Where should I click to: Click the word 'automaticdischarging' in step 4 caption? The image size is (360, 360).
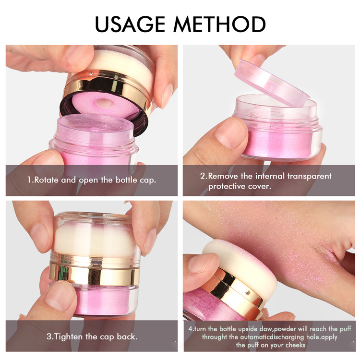[276, 337]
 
